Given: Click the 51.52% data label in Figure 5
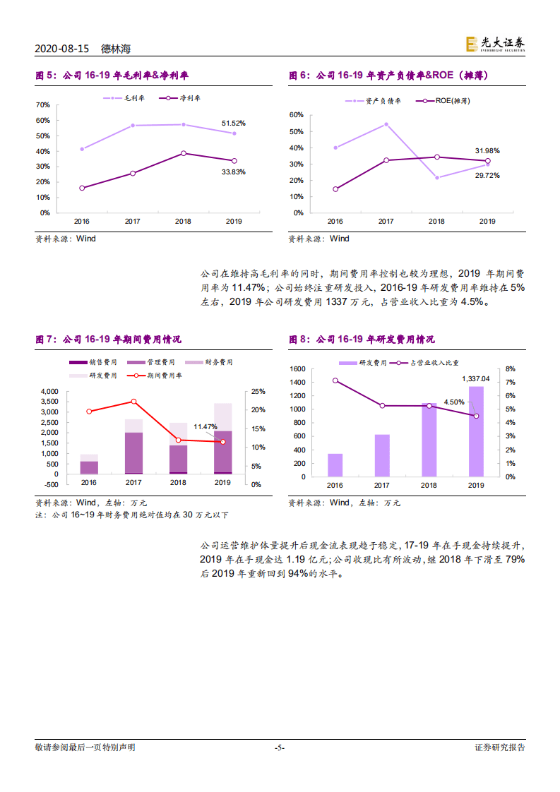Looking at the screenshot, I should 233,124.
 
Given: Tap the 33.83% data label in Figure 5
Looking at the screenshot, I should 233,172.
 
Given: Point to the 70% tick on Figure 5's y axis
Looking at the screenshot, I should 42,105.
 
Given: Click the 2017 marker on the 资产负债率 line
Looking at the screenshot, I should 386,124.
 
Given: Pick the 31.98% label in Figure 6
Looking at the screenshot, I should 487,150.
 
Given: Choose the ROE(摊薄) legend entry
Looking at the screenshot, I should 443,101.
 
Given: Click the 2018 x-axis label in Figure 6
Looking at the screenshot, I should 436,222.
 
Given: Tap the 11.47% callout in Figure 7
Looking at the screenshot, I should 205,426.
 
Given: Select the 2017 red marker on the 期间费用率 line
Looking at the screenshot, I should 133,402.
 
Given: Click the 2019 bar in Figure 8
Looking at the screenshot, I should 476,431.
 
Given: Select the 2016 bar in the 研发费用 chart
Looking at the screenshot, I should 335,465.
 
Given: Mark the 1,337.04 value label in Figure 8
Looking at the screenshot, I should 476,379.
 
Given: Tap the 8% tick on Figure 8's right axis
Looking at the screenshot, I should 511,369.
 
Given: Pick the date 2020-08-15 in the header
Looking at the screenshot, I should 62,49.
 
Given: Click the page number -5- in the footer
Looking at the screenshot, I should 280,748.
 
